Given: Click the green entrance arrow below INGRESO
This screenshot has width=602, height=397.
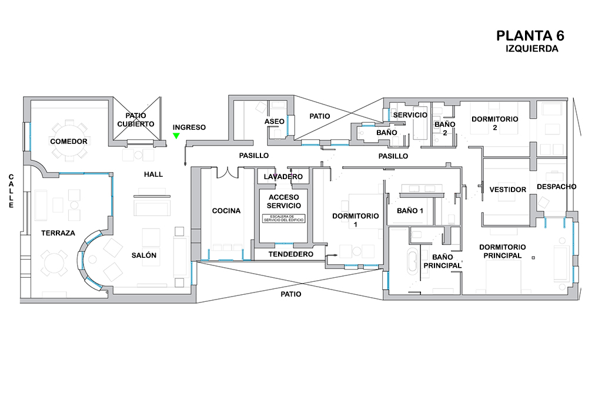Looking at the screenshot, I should coord(176,136).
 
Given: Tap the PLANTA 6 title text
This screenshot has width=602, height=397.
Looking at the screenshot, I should coord(531,36).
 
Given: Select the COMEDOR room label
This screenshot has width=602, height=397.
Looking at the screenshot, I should coord(69,142).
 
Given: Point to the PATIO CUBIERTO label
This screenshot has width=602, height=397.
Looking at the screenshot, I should coord(136,120).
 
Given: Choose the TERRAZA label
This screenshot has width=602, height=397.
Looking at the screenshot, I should coord(58,233).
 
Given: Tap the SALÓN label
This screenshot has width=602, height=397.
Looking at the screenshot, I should coord(144,255).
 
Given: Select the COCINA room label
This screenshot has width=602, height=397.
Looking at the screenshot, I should coord(226,211).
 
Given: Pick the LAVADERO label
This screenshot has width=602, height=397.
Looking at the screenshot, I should coord(283,177).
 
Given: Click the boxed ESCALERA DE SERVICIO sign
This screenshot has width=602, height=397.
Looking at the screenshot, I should coord(285,218).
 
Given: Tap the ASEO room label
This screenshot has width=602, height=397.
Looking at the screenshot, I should coord(275,122).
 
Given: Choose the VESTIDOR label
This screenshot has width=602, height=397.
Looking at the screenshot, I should coord(508,190).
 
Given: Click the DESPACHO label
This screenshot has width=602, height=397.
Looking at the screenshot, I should coord(556,187).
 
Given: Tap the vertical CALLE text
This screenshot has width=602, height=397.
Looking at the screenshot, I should coord(11,191).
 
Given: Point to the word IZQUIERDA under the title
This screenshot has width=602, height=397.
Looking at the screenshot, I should coord(531,49).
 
